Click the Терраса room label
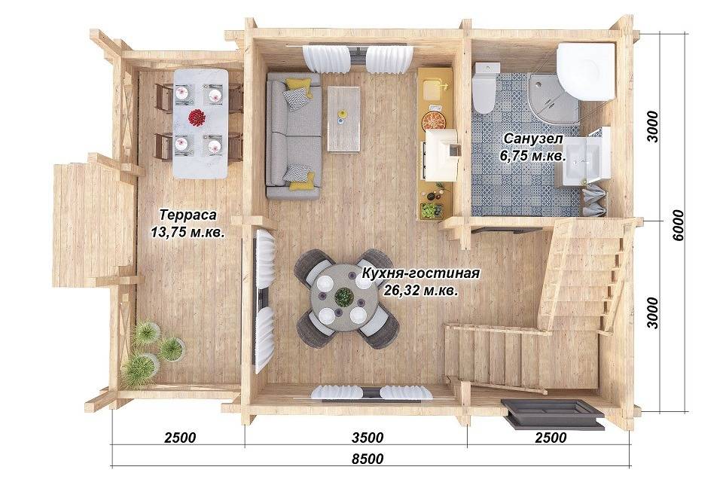[x=188, y=215]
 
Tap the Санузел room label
[x=533, y=139]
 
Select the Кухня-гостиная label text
[x=420, y=273]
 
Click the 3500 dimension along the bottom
[x=367, y=438]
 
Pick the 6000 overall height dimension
[x=679, y=224]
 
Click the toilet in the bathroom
[x=485, y=87]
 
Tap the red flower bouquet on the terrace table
[x=197, y=117]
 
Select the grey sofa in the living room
[x=293, y=136]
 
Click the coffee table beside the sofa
[x=343, y=118]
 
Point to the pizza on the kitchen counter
[x=434, y=121]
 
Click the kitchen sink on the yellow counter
[x=434, y=89]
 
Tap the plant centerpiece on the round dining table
[x=343, y=297]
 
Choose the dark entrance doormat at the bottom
[x=554, y=413]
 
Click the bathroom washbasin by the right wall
[x=582, y=159]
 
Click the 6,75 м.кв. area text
[x=533, y=157]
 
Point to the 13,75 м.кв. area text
[x=188, y=232]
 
